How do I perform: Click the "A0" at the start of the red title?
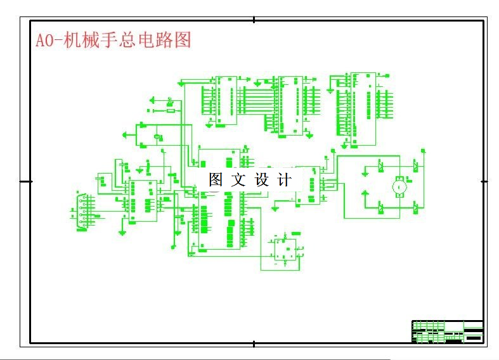pyautogui.click(x=43, y=41)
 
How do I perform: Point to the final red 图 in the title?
pyautogui.click(x=183, y=41)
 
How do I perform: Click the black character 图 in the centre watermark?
pyautogui.click(x=216, y=180)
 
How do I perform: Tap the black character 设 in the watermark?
pyautogui.click(x=262, y=180)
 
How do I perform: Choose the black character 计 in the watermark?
pyautogui.click(x=285, y=180)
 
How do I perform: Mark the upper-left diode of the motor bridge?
pyautogui.click(x=380, y=167)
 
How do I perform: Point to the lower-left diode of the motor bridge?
pyautogui.click(x=380, y=206)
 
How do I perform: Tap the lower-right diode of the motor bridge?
pyautogui.click(x=415, y=206)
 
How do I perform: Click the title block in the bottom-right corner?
pyautogui.click(x=448, y=331)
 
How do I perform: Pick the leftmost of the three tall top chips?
pyautogui.click(x=226, y=100)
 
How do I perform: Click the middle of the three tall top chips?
pyautogui.click(x=291, y=105)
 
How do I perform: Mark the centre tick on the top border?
pyautogui.click(x=254, y=20)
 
